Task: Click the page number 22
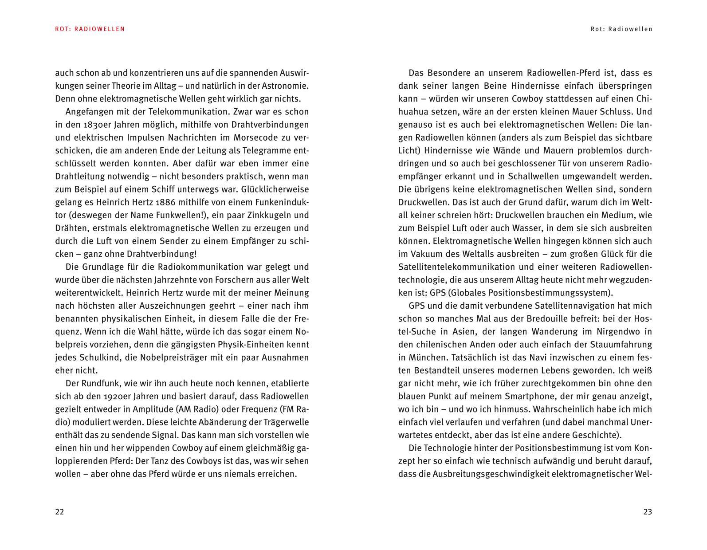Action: (x=59, y=511)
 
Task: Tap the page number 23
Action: (x=648, y=511)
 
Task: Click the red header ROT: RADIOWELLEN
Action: (x=90, y=29)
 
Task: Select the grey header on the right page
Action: (x=621, y=29)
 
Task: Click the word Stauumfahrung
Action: (x=621, y=344)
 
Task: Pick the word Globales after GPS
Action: (x=469, y=293)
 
